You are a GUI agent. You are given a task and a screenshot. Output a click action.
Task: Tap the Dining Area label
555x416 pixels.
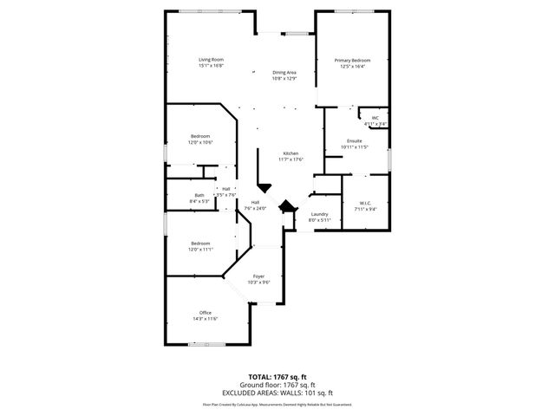tap(284, 75)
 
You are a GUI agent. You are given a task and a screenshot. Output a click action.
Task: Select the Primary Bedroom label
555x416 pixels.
tap(351, 62)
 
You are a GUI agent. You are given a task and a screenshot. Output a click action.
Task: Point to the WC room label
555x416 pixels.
tap(375, 120)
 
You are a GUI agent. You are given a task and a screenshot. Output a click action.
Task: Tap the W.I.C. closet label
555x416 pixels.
tap(364, 205)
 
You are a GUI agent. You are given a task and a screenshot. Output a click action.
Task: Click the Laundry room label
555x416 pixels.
tap(319, 217)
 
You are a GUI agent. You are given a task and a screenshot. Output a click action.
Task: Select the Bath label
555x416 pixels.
tap(199, 198)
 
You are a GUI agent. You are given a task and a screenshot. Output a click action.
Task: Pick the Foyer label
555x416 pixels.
tap(258, 279)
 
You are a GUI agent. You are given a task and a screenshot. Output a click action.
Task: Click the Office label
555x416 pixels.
tap(206, 315)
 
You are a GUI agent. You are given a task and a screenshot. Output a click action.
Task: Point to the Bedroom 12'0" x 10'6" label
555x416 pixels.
tap(200, 140)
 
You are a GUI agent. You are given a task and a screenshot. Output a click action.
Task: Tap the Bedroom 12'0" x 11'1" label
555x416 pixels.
tap(200, 246)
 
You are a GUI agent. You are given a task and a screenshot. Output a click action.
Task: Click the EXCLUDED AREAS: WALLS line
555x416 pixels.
tap(277, 393)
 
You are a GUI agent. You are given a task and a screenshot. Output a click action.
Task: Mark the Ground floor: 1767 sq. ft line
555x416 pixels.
tap(277, 385)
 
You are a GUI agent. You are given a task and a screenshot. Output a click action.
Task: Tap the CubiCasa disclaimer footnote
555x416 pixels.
tap(277, 404)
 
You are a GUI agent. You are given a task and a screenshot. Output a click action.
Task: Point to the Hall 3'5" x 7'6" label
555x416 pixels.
tap(225, 192)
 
